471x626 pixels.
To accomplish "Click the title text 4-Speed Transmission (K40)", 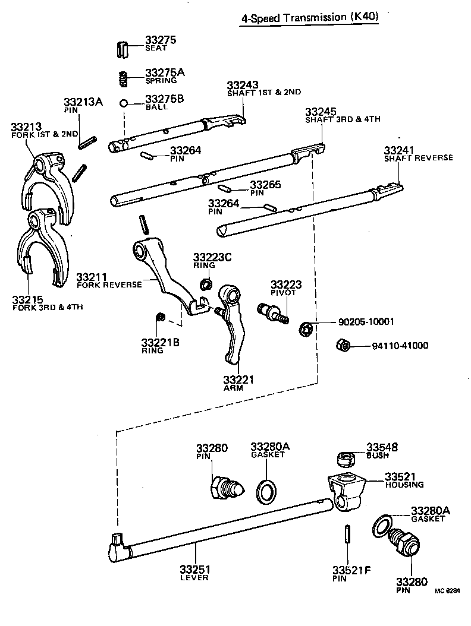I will [309, 18].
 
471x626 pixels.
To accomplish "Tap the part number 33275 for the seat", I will [161, 41].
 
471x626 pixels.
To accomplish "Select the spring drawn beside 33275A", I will [122, 77].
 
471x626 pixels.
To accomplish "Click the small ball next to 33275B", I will [124, 103].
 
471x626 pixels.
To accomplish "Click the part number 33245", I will [321, 112].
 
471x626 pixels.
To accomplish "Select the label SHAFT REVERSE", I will [418, 158].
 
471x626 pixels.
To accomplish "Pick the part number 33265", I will [265, 185].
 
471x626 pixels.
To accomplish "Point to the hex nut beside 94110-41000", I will [343, 344].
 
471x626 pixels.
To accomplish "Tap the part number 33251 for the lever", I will [196, 569].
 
